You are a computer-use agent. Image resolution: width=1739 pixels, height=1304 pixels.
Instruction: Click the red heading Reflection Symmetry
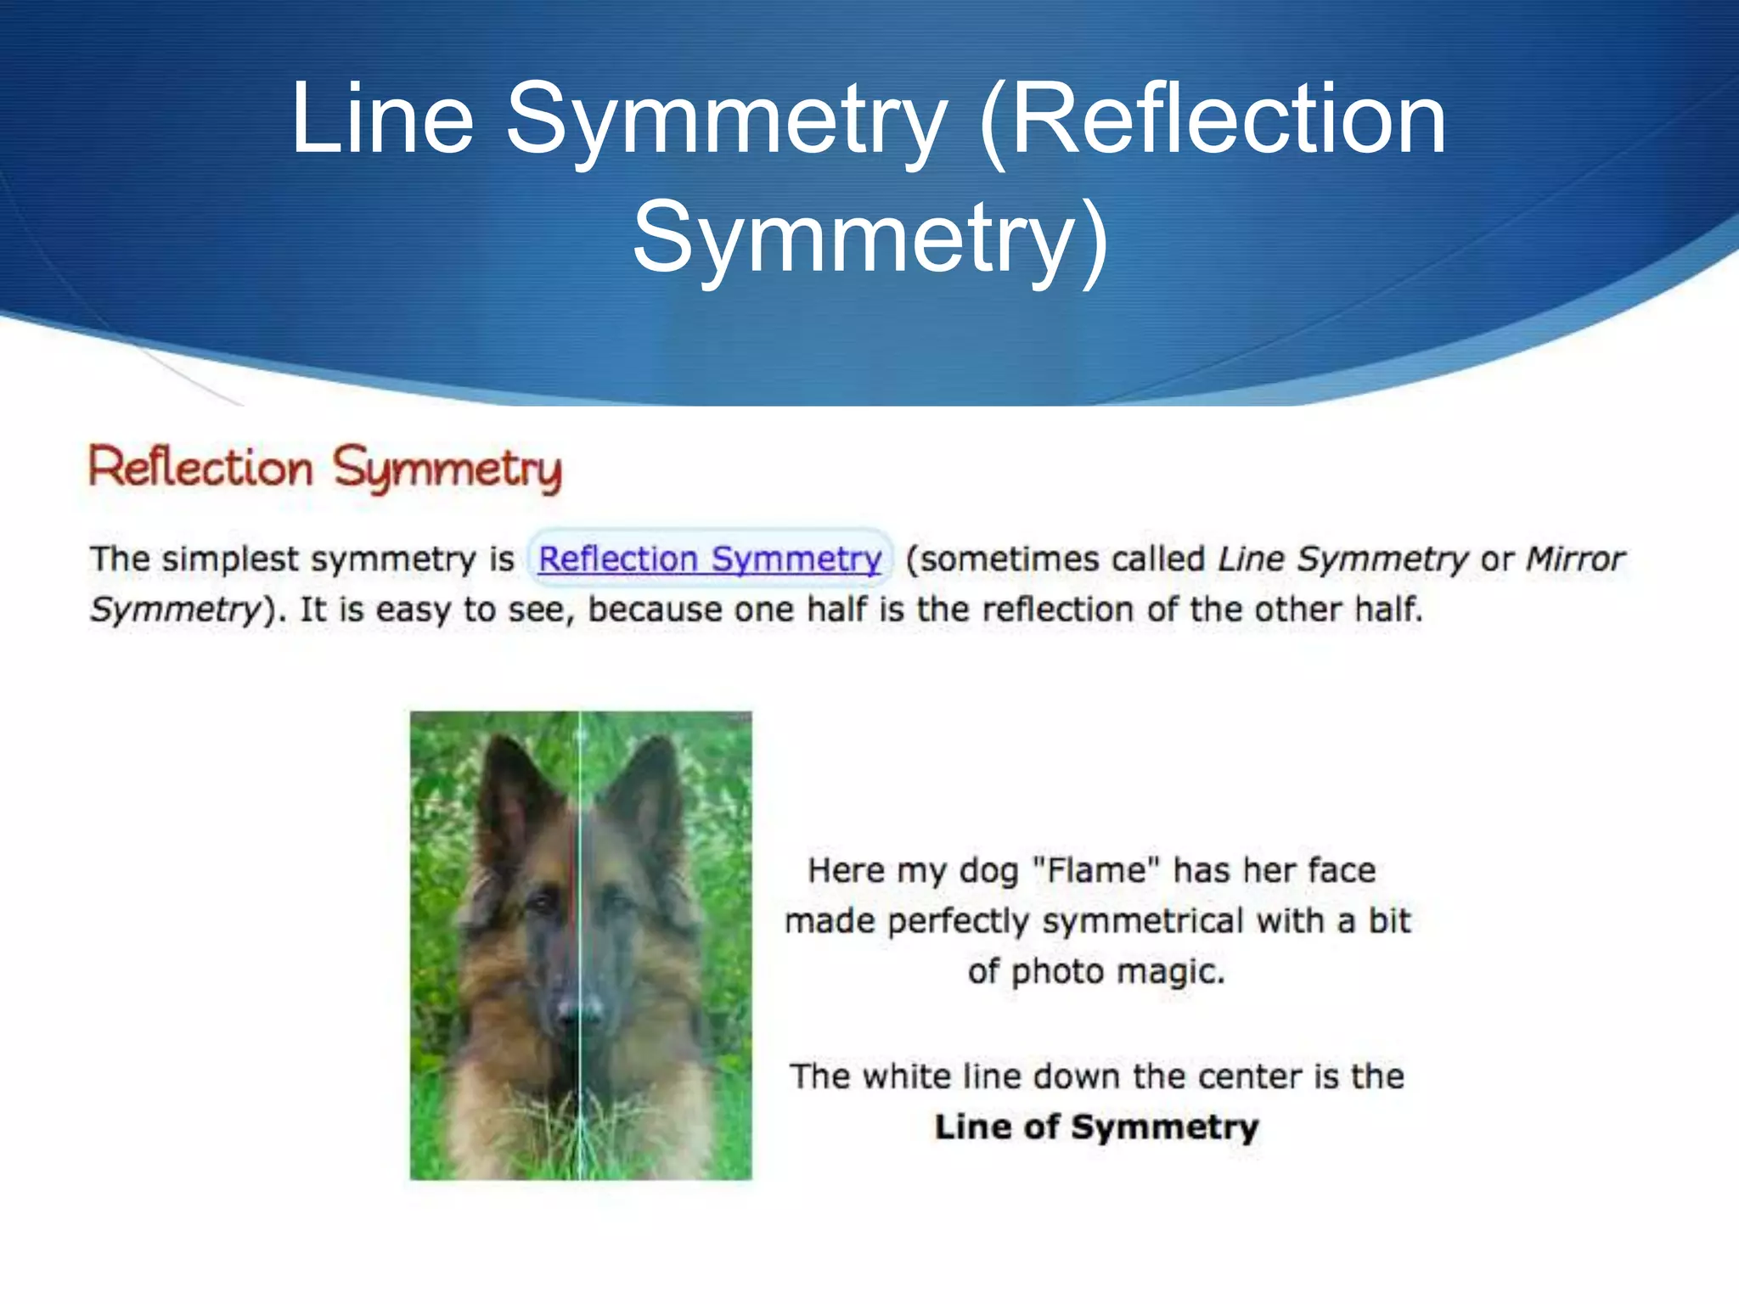coord(325,468)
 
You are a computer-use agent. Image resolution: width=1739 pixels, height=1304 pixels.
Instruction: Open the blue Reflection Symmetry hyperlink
coord(710,559)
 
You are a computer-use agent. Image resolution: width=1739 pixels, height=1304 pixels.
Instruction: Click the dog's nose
coord(580,1010)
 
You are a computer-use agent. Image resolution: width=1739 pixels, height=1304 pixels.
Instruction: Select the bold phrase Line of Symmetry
coord(1096,1127)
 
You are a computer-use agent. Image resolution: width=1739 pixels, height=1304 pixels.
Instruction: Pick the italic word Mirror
coord(1575,559)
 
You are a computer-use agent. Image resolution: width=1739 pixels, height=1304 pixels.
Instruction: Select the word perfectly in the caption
coord(959,922)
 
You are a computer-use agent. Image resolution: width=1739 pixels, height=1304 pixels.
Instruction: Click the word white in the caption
coord(908,1076)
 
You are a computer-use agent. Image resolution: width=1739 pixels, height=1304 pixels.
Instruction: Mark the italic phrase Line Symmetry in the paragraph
coord(1342,559)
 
